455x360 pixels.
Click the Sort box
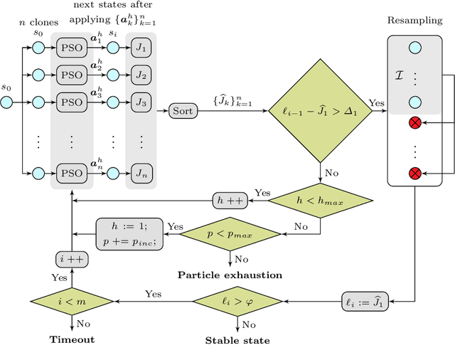tap(182, 111)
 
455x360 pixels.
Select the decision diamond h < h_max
tap(321, 201)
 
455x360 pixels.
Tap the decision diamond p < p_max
tap(230, 234)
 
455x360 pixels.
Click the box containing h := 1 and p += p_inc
tap(130, 234)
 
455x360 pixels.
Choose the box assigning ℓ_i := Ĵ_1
tap(367, 301)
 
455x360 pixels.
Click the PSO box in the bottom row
tap(71, 173)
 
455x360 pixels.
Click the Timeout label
tap(72, 340)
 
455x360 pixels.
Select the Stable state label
tap(237, 340)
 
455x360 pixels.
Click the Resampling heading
tap(414, 19)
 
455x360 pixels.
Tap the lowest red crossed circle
tap(414, 173)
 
